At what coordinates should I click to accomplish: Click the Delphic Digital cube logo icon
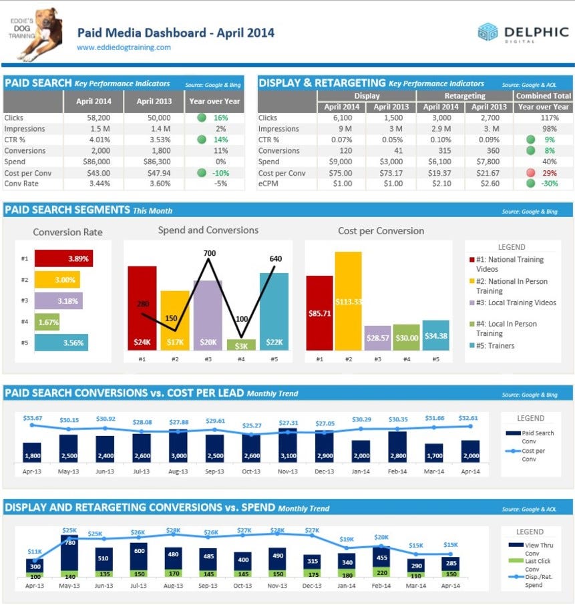(x=488, y=31)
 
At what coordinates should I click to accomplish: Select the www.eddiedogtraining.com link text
(x=124, y=47)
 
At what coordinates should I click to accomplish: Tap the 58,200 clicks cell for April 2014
(x=98, y=118)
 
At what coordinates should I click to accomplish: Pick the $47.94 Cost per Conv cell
(x=159, y=173)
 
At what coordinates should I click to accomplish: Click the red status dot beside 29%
(x=531, y=173)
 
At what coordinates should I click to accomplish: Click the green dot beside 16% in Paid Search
(x=202, y=118)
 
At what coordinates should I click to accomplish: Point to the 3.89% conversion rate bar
(x=63, y=258)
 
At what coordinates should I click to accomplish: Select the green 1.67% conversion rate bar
(x=47, y=322)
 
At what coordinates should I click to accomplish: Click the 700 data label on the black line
(x=210, y=253)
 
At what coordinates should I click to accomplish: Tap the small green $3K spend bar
(x=241, y=345)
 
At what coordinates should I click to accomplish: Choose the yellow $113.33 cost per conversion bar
(x=349, y=301)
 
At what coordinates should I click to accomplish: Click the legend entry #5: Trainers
(x=492, y=346)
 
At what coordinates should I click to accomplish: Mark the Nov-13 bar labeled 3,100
(x=288, y=445)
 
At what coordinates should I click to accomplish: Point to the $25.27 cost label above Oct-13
(x=252, y=425)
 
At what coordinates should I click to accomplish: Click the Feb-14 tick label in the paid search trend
(x=397, y=471)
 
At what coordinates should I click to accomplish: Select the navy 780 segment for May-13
(x=69, y=552)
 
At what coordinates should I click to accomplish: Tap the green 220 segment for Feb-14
(x=381, y=572)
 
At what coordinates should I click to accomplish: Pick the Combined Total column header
(x=544, y=95)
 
